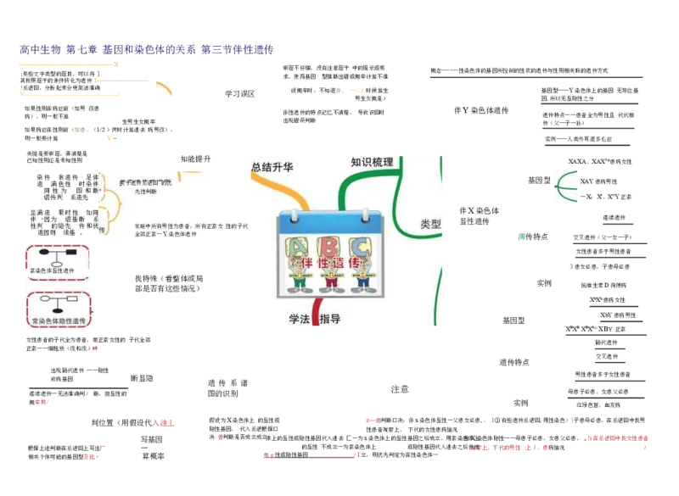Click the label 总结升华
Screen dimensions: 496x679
coord(272,167)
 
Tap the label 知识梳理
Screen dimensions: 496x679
coord(372,162)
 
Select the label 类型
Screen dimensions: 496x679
coord(430,225)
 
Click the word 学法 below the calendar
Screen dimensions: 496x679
coord(299,319)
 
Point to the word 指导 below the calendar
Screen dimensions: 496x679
coord(329,319)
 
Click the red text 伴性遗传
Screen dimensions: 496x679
coord(331,264)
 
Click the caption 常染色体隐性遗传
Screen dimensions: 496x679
coord(58,321)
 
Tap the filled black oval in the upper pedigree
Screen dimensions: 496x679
coord(58,265)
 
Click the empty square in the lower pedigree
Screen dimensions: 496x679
coord(73,299)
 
